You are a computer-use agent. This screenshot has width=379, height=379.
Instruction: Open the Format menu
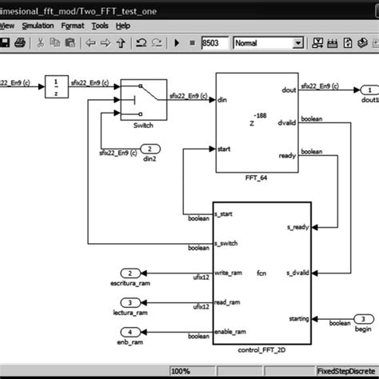73,25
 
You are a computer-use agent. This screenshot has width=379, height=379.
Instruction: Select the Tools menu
100,25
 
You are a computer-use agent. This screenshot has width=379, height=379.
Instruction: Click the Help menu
123,25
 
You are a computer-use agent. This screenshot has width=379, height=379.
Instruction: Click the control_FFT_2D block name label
261,350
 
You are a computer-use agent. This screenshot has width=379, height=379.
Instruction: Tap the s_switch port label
229,243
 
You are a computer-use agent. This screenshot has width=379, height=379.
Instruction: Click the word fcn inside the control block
261,273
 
